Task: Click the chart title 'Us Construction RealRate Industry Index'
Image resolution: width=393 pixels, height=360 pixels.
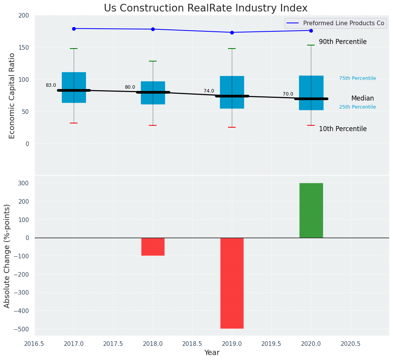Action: point(205,8)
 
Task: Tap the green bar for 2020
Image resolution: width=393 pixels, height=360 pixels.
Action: point(311,210)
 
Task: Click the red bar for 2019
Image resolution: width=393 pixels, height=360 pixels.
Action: point(232,283)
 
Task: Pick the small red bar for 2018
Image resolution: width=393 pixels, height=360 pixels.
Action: point(153,246)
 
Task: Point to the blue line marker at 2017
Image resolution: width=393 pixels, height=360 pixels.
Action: point(74,29)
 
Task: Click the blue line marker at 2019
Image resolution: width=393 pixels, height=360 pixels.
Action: point(232,32)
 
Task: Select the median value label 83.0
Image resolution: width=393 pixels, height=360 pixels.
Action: point(51,85)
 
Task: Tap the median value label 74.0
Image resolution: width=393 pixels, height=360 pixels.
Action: point(209,91)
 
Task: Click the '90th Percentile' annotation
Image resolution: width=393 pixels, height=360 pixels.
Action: point(343,42)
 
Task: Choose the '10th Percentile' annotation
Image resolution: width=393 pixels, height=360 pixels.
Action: point(343,129)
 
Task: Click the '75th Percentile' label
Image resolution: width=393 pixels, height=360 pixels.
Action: point(357,78)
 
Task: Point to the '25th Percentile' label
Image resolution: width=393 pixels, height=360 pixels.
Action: point(357,107)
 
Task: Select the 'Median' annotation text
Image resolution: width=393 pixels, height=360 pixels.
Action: point(362,99)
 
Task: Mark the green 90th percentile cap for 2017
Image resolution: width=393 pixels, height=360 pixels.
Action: point(74,49)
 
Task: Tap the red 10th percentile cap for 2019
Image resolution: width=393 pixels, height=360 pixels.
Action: point(232,127)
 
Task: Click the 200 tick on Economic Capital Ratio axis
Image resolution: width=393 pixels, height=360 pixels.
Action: point(24,15)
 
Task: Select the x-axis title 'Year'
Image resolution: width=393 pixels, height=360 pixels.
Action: point(212,353)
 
